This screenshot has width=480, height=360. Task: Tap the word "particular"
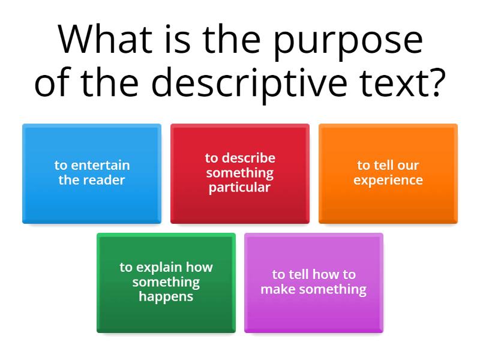click(x=240, y=187)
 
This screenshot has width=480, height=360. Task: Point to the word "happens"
click(x=166, y=296)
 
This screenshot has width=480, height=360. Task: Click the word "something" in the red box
click(x=240, y=173)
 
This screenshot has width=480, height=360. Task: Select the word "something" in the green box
click(x=166, y=281)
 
